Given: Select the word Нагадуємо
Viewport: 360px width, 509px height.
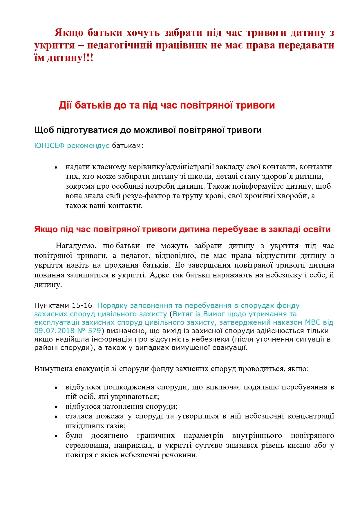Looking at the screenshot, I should (x=75, y=246).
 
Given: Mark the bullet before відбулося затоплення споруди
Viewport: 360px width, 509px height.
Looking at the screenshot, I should (x=56, y=407).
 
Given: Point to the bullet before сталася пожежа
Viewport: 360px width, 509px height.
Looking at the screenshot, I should (x=56, y=417).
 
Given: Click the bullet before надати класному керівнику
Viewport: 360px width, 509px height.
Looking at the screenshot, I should (x=56, y=167).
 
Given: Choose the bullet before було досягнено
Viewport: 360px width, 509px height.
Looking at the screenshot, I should (x=56, y=436).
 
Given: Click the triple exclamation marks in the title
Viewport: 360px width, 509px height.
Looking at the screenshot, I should (x=88, y=58).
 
